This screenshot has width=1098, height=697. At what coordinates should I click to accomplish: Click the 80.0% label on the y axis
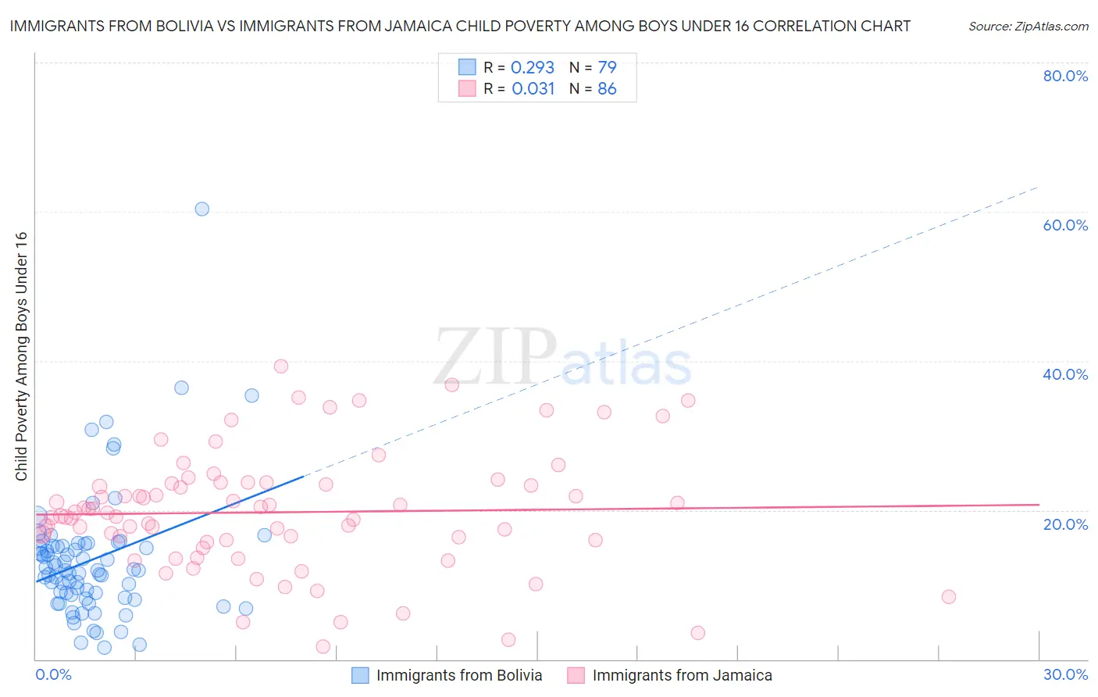(x=1065, y=76)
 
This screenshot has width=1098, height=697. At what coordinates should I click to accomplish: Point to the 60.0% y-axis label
(x=1065, y=225)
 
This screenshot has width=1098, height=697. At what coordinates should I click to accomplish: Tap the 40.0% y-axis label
(x=1065, y=374)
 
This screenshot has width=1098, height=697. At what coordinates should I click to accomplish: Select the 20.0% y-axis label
(x=1065, y=524)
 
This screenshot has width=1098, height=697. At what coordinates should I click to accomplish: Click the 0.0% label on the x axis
(x=53, y=674)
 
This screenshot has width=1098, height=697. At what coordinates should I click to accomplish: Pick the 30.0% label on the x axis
(x=1065, y=674)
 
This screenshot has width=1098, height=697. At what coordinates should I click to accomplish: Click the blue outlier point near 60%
(x=201, y=209)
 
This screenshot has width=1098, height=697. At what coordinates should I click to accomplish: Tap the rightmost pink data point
(x=948, y=597)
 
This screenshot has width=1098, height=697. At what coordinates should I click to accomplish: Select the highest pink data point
(x=281, y=366)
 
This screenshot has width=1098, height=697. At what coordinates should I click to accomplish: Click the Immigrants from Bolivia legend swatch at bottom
(x=360, y=675)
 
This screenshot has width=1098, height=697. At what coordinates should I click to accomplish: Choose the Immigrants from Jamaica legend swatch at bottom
(x=576, y=675)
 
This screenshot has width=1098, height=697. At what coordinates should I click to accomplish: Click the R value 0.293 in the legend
(x=532, y=68)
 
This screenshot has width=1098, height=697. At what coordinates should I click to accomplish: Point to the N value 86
(x=607, y=89)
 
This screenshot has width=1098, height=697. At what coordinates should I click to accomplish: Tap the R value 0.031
(x=533, y=89)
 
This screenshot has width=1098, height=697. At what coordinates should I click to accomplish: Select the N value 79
(x=607, y=68)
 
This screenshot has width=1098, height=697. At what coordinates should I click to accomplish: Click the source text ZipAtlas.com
(x=1028, y=27)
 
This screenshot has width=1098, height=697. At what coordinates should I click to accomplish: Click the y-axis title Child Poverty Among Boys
(x=22, y=356)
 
